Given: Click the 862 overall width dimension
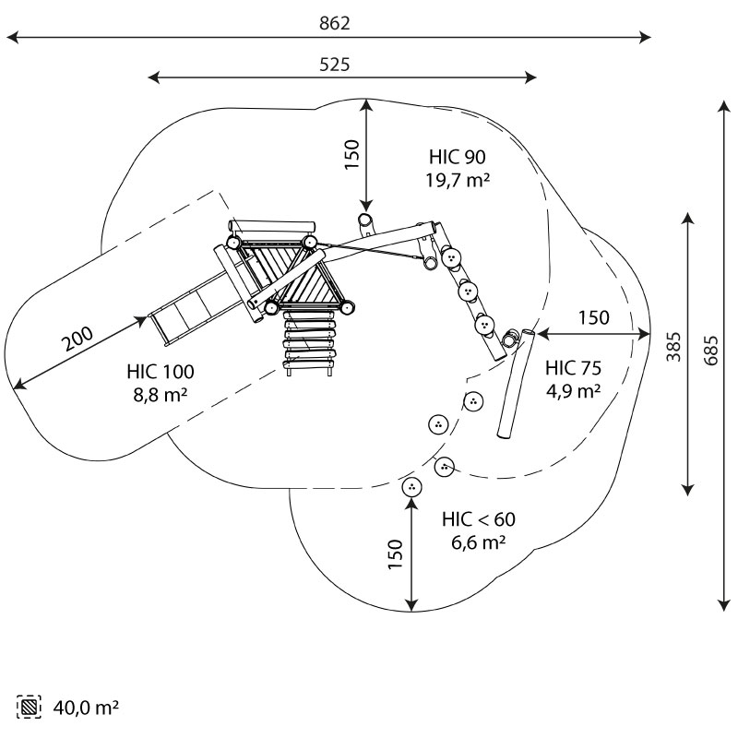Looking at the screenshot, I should coord(335,23).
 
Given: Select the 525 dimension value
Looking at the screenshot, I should coord(335,64).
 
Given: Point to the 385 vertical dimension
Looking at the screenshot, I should coord(674,346).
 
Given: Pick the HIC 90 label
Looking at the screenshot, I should coord(457,157).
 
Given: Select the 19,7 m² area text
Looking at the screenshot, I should coord(457,180).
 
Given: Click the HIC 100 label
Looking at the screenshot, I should coord(161,373).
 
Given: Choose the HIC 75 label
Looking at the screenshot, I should coord(574,366).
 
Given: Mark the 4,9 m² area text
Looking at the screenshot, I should coord(574,389).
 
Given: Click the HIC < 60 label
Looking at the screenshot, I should coord(478,520).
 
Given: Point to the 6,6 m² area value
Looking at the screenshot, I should coord(478,543).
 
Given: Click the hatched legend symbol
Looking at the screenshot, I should coord(30,708).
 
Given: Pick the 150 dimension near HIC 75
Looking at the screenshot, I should coord(593,317).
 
